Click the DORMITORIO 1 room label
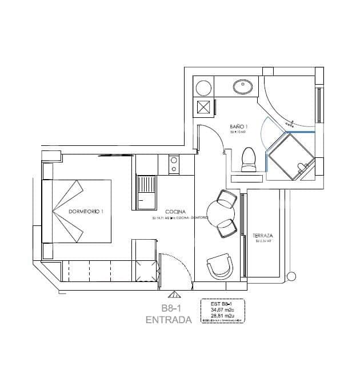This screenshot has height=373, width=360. pyautogui.click(x=86, y=212)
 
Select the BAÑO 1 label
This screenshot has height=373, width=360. pyautogui.click(x=238, y=126)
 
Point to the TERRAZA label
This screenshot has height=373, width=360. pyautogui.click(x=262, y=235)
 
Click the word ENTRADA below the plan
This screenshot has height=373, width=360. pyautogui.click(x=169, y=320)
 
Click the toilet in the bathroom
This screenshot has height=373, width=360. pyautogui.click(x=249, y=160)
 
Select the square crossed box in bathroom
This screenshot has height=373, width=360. pyautogui.click(x=204, y=107)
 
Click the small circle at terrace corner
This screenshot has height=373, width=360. pyautogui.click(x=293, y=276)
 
